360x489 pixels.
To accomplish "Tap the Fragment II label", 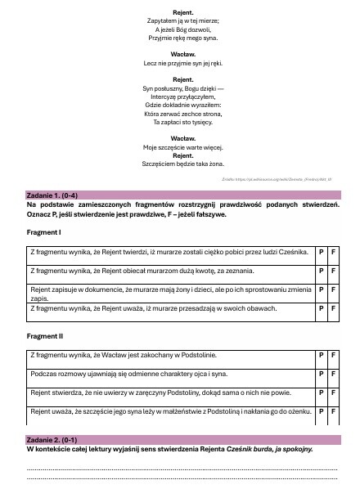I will click(x=44, y=336).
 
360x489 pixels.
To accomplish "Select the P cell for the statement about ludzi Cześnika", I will click(x=322, y=251).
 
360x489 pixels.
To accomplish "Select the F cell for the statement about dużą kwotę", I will click(x=334, y=270).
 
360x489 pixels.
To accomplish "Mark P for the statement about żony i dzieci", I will click(x=322, y=289).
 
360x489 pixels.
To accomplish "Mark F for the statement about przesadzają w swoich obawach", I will click(x=334, y=308).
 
